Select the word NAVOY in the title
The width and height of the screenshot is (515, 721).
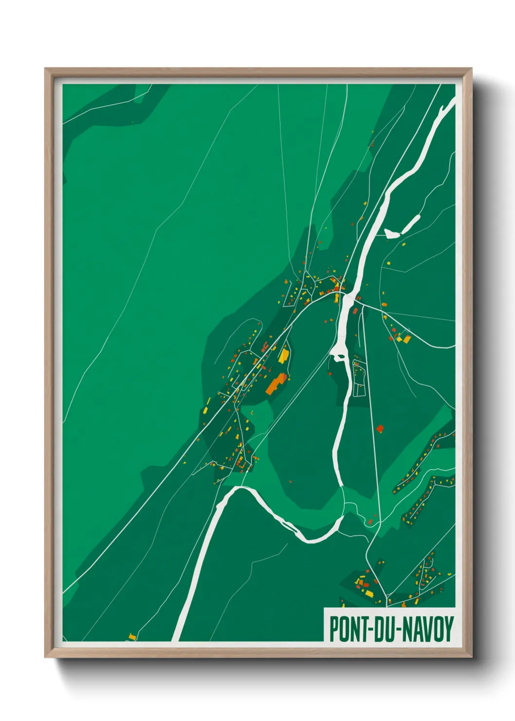427,629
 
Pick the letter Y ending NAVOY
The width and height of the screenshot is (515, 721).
449,629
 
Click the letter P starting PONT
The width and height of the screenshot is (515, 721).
334,629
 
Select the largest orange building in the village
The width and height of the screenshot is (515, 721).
276,383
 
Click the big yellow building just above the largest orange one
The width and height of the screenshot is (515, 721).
283,354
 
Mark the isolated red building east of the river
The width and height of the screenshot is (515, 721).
380,429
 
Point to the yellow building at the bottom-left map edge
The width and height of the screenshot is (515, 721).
131,636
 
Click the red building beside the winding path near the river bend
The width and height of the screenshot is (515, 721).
370,522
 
